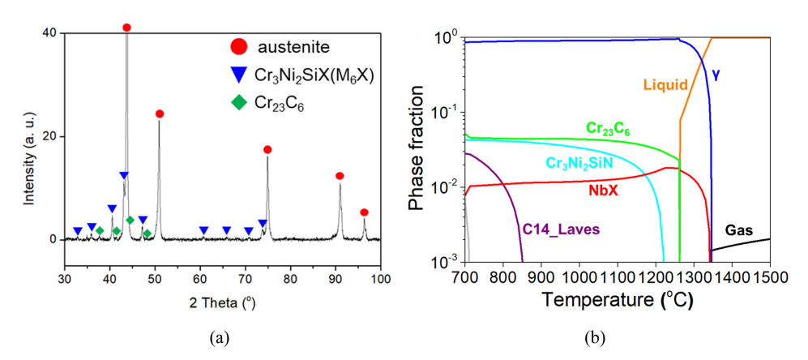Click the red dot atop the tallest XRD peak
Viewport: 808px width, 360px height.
126,28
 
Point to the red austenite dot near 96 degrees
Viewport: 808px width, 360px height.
364,212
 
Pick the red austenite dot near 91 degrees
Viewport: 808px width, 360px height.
340,176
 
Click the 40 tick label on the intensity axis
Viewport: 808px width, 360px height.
50,32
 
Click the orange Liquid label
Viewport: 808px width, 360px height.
665,84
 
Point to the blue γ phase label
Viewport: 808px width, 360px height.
716,75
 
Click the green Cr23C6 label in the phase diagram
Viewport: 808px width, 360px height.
609,128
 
